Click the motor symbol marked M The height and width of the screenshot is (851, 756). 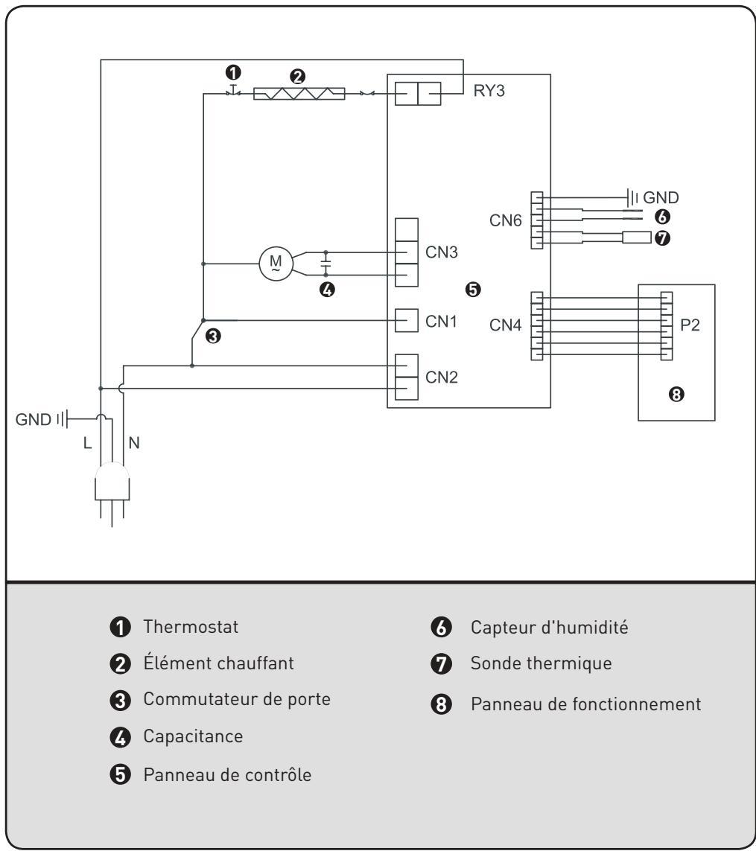click(x=276, y=264)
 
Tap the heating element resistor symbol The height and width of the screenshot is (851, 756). click(x=299, y=94)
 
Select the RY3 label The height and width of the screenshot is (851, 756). click(x=489, y=91)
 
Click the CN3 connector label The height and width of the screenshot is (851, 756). click(x=441, y=252)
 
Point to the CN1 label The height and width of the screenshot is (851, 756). click(x=441, y=322)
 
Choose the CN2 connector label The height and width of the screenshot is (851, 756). click(x=441, y=377)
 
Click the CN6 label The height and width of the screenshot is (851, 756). click(x=505, y=220)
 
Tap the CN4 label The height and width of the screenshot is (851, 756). click(x=505, y=325)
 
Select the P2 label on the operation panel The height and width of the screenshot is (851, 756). click(x=690, y=325)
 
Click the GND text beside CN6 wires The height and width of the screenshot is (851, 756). click(x=661, y=197)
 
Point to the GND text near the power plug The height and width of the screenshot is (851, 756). click(x=33, y=419)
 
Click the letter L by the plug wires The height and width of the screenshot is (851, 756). click(x=87, y=444)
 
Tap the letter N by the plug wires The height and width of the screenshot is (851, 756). click(x=134, y=443)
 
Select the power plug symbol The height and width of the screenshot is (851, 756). click(x=112, y=491)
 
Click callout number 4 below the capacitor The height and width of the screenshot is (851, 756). click(x=327, y=290)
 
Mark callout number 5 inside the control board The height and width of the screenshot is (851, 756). click(x=473, y=290)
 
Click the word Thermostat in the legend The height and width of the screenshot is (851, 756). click(x=191, y=627)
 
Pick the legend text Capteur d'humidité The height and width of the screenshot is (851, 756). click(x=549, y=628)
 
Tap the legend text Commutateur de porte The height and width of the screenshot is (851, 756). click(x=237, y=699)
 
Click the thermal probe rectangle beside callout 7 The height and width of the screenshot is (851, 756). click(x=637, y=238)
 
